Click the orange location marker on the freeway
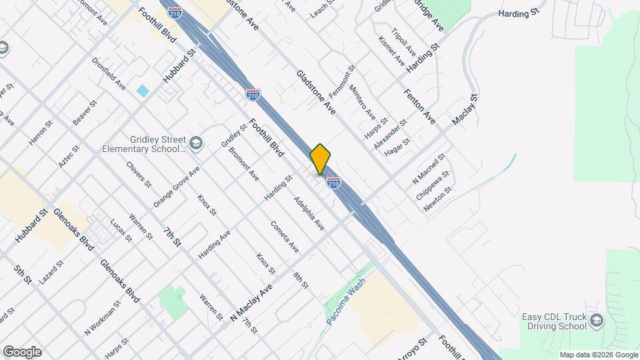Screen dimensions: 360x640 [320, 159]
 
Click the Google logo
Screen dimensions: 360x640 [22, 352]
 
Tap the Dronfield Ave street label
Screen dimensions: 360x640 [109, 74]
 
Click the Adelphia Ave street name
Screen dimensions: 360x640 [309, 214]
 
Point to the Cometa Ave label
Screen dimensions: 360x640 [285, 237]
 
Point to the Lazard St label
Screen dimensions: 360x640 [51, 273]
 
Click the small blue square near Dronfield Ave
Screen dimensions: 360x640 [143, 90]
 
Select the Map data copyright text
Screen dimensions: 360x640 [598, 355]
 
